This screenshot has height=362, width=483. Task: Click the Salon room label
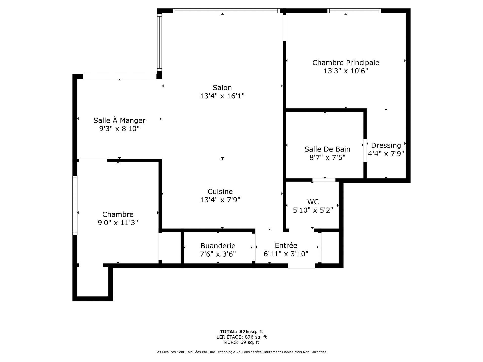(x=222, y=88)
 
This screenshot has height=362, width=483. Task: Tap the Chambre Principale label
(x=346, y=63)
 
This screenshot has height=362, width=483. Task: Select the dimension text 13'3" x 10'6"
(x=346, y=71)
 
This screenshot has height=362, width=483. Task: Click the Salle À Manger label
(x=119, y=120)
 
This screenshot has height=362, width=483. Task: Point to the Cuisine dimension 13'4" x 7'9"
(x=220, y=200)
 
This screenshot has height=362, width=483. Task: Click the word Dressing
(x=386, y=145)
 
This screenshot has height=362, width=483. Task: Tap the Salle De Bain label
(x=327, y=149)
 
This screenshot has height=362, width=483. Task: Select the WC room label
(x=313, y=202)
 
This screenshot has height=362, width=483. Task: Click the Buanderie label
(x=218, y=246)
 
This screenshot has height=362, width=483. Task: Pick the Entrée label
(x=286, y=245)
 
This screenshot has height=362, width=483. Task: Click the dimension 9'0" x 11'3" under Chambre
(x=118, y=223)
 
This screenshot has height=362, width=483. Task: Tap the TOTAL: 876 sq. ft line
(x=241, y=332)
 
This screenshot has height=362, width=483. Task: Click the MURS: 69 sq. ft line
(x=241, y=342)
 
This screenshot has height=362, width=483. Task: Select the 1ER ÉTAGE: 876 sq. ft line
(x=241, y=337)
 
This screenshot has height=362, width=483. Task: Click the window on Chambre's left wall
(x=75, y=205)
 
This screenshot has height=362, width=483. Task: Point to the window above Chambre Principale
(x=354, y=11)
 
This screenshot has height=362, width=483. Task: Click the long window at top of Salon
(x=226, y=11)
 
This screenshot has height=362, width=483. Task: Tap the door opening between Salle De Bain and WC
(x=324, y=180)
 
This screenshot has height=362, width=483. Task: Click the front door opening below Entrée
(x=301, y=266)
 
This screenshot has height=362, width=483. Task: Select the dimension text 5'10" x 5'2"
(x=313, y=210)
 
